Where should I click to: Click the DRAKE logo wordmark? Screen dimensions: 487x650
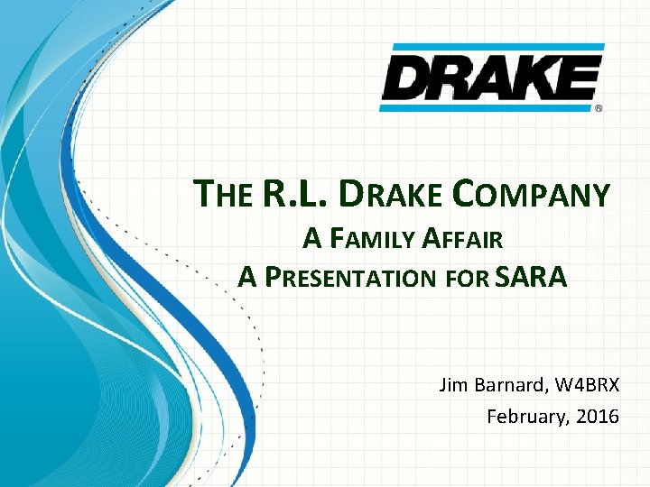point(490,78)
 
